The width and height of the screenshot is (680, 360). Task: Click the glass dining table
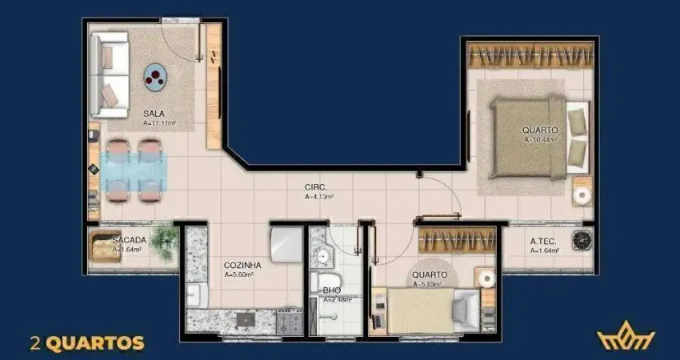coord(134,169)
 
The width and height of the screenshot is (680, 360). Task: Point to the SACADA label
coord(128,240)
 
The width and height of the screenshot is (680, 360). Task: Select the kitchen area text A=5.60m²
coord(239,274)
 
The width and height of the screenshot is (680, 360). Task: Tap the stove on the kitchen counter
coord(245,320)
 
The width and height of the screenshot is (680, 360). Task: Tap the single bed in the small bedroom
coord(429,309)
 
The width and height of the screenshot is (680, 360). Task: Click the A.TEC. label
coord(544,241)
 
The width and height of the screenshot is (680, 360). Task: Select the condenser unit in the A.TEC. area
coord(582,240)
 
